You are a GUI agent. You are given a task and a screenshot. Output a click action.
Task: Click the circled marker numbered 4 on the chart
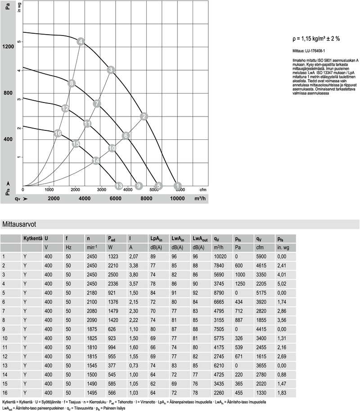click(81, 42)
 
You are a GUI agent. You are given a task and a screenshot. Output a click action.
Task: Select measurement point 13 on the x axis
click(119, 186)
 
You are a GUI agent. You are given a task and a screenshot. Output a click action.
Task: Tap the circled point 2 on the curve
click(144, 116)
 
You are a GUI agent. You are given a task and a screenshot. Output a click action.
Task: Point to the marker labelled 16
click(58, 133)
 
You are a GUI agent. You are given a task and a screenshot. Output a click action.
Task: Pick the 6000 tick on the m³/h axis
click(115, 198)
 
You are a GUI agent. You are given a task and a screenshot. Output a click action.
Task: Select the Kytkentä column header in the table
click(32, 238)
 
